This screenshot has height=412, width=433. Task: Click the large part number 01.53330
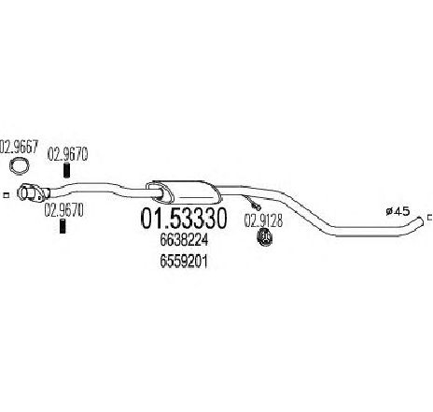point(184,218)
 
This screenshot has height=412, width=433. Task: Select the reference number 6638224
point(184,240)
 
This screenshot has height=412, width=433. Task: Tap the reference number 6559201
point(184,262)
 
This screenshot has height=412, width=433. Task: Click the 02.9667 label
point(19,147)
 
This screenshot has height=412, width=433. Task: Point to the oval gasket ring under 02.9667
point(19,165)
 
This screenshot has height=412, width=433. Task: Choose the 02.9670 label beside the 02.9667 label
point(67,154)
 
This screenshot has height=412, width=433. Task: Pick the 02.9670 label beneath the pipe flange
point(64,210)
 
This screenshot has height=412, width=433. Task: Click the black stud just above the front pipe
point(66,170)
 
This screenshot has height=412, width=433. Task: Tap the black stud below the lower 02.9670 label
point(63,226)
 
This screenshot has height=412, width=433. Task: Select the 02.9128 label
point(263,221)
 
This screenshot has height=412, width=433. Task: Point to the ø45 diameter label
point(398,212)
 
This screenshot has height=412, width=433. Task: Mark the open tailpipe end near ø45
point(421,221)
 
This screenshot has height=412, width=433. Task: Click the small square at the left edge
point(6,195)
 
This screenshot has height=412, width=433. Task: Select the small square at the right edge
point(430,217)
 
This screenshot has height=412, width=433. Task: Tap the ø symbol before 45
point(390,212)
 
